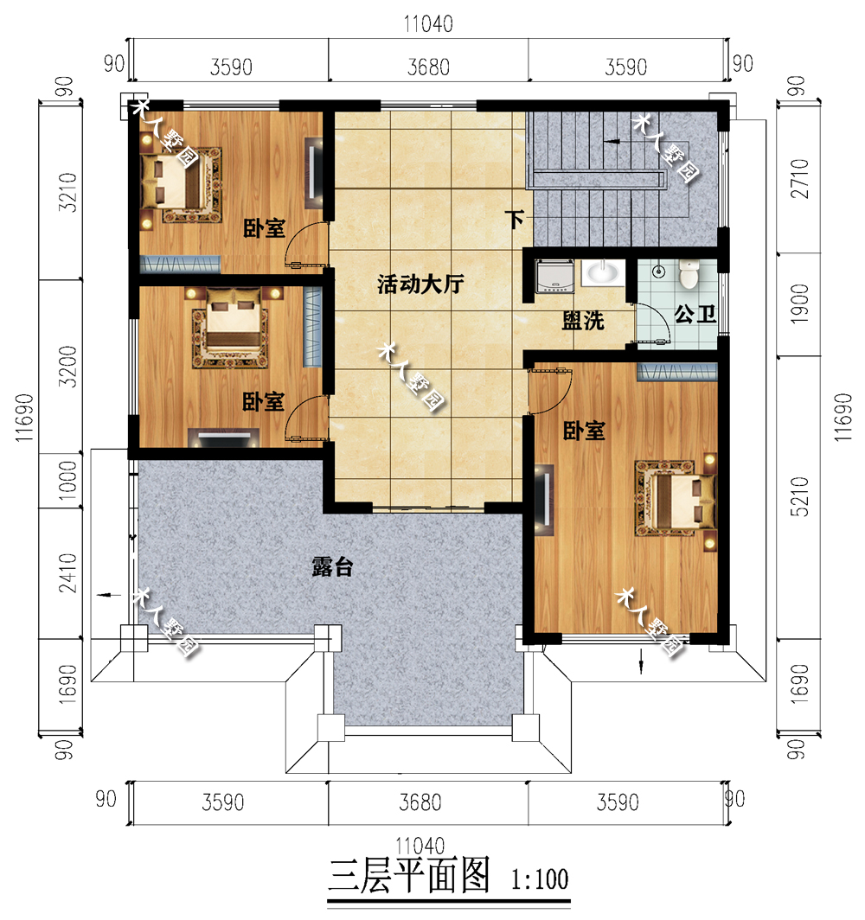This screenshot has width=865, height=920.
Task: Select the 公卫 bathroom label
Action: [x=695, y=315]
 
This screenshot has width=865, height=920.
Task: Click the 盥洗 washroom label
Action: [x=583, y=321]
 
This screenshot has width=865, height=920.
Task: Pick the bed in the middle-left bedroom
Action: [x=231, y=327]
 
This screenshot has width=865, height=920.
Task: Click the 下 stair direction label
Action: [x=515, y=220]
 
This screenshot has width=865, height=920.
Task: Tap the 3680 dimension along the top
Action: [x=427, y=67]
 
